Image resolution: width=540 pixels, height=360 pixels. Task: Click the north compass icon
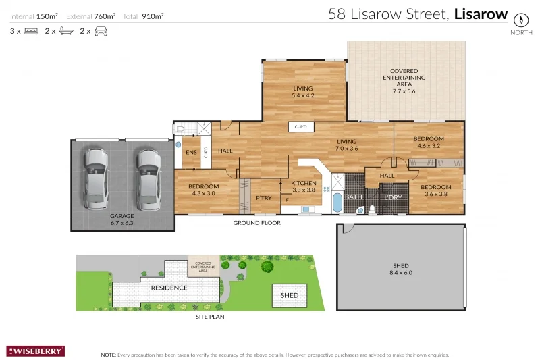tap(520, 19)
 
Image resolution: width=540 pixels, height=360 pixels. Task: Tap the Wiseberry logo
tap(36, 351)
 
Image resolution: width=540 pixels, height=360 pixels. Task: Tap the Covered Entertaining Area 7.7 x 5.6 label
tap(404, 78)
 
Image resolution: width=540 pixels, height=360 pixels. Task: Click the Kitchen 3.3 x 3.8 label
tap(303, 186)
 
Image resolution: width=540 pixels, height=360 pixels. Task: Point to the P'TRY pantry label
tap(263, 198)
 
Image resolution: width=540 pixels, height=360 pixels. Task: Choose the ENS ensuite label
tap(190, 153)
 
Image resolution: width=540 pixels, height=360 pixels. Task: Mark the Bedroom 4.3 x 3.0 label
tap(204, 190)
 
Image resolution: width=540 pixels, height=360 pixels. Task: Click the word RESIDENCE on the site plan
tap(169, 287)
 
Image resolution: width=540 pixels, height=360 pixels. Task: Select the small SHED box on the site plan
tap(289, 295)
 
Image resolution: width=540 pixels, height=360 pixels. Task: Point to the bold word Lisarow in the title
tap(481, 14)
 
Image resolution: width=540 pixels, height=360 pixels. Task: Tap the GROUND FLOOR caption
tap(256, 222)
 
